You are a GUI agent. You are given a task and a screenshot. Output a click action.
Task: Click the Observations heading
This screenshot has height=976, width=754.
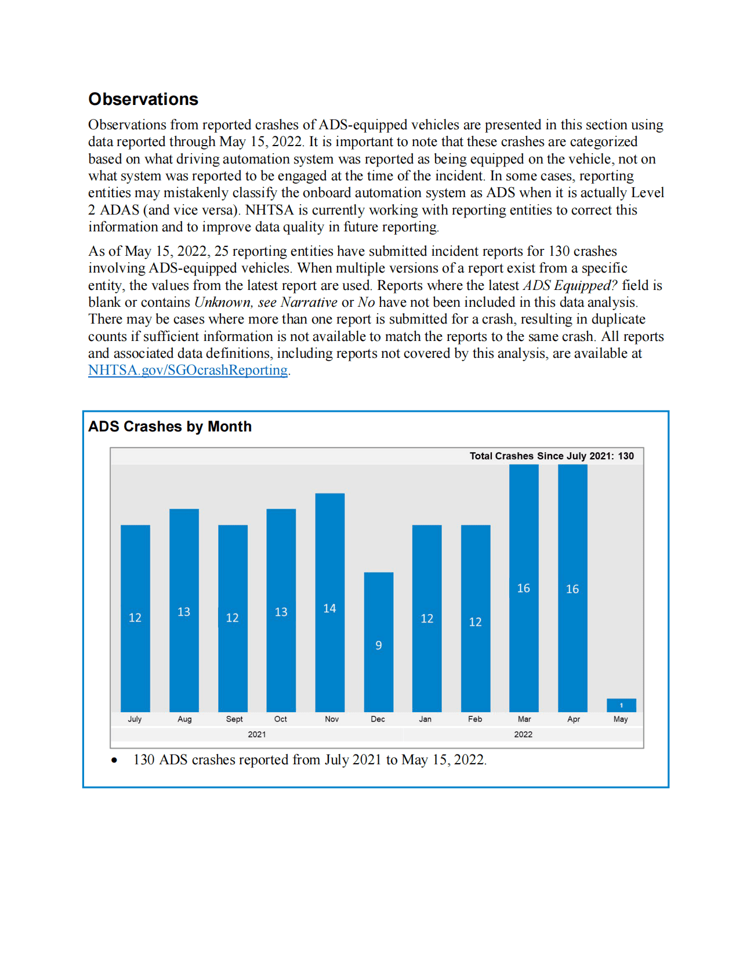tap(143, 99)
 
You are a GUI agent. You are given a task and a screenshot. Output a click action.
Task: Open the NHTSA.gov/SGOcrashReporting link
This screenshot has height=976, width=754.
tap(187, 370)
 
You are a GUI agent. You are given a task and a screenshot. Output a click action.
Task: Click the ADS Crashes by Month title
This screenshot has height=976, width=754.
tap(170, 426)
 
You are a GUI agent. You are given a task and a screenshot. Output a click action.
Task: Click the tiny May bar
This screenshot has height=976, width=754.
tap(621, 705)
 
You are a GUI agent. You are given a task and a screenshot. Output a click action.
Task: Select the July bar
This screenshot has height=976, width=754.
tap(135, 618)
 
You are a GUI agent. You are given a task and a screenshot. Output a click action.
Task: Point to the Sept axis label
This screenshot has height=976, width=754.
tap(234, 719)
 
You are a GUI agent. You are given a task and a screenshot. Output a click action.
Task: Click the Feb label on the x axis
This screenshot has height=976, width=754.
tap(475, 719)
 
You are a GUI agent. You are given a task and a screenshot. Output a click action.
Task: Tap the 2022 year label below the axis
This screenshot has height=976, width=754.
tap(523, 734)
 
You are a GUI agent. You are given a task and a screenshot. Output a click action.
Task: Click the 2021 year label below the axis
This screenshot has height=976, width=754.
tap(256, 734)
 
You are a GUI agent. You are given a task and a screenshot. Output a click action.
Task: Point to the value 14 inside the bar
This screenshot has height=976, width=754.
tap(329, 608)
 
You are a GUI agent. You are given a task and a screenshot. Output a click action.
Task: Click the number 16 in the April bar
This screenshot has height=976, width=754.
tap(572, 589)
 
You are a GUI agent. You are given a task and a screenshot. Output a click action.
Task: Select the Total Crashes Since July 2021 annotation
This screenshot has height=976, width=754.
tap(551, 456)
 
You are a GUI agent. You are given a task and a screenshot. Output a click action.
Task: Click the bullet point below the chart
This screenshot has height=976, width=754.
tap(115, 760)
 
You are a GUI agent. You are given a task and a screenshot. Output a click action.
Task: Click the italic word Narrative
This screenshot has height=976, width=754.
tap(309, 302)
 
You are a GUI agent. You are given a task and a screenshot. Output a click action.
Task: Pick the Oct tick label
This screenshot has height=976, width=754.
tap(281, 719)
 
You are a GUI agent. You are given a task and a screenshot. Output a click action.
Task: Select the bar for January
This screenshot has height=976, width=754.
tap(427, 618)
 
